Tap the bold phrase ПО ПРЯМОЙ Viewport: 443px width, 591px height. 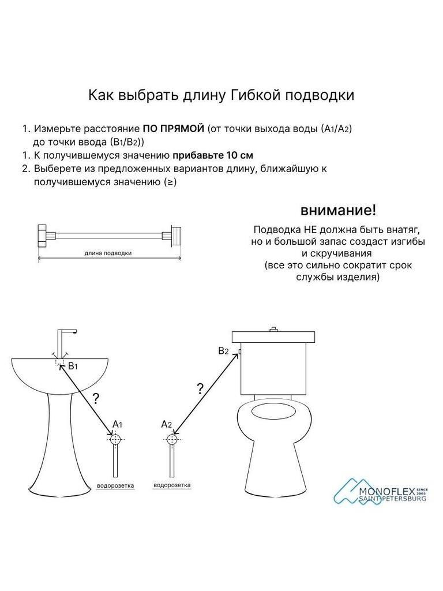pyautogui.click(x=174, y=129)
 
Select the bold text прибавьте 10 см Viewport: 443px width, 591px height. pyautogui.click(x=213, y=155)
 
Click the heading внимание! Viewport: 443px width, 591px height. pyautogui.click(x=338, y=210)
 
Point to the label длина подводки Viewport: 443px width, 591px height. pyautogui.click(x=108, y=253)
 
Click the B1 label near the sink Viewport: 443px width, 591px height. pyautogui.click(x=73, y=365)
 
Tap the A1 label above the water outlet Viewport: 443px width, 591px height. pyautogui.click(x=118, y=424)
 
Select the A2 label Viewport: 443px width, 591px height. pyautogui.click(x=167, y=424)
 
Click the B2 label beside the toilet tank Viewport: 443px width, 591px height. pyautogui.click(x=224, y=351)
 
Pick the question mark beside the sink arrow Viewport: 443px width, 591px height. pyautogui.click(x=96, y=398)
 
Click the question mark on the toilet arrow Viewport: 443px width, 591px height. pyautogui.click(x=200, y=388)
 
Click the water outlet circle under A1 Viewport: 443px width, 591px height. pyautogui.click(x=115, y=439)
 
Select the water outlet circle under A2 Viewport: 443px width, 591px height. pyautogui.click(x=172, y=439)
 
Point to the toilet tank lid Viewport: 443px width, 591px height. pyautogui.click(x=273, y=336)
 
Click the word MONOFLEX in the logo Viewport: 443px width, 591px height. pyautogui.click(x=386, y=492)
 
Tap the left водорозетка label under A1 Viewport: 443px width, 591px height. pyautogui.click(x=115, y=486)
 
